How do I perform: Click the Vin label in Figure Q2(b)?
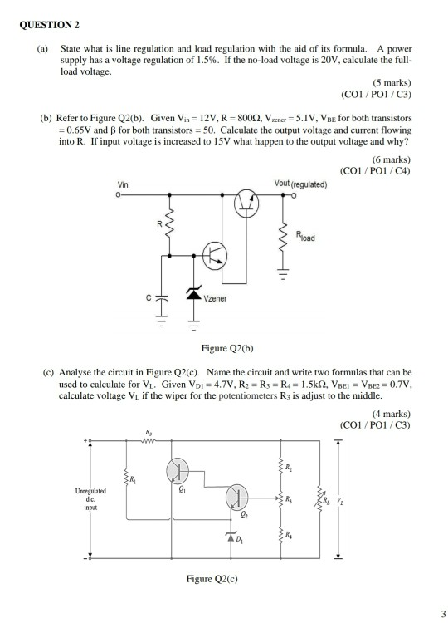[x=124, y=184]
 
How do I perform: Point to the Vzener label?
[x=217, y=297]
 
